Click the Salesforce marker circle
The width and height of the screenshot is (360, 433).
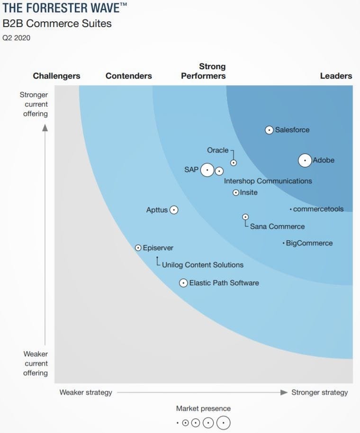pos(269,130)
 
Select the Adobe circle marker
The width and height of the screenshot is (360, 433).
pos(305,161)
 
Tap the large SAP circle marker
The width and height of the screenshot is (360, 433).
pos(207,170)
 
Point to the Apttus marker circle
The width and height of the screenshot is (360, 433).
pos(174,210)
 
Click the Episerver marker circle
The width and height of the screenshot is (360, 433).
pos(138,248)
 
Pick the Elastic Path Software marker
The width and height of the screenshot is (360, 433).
pos(183,283)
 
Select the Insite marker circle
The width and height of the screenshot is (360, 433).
pos(236,192)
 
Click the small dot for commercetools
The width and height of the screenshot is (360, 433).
pos(291,209)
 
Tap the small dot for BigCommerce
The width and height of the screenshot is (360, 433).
pos(284,243)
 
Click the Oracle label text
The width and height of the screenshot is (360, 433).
pos(218,150)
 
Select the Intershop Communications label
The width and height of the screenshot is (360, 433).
pos(268,181)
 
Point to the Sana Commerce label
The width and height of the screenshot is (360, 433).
pos(277,226)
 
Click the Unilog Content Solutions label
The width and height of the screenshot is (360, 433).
pos(203,265)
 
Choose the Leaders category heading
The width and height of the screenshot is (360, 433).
pos(336,76)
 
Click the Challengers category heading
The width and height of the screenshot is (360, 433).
pos(56,76)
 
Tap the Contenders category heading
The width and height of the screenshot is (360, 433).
pos(129,76)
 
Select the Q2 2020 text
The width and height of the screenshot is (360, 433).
pos(17,38)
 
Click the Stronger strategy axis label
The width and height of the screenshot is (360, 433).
pos(319,392)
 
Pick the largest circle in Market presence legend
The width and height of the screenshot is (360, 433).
pos(223,423)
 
